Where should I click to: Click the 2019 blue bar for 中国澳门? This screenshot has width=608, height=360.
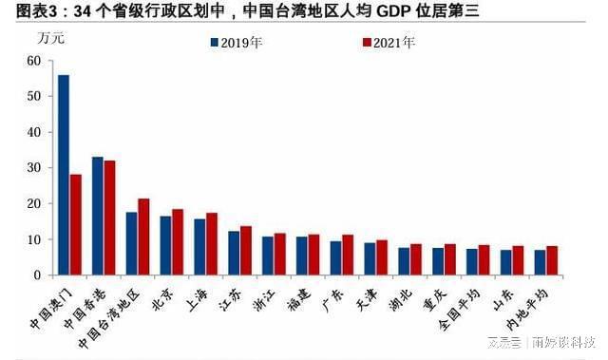[63, 175]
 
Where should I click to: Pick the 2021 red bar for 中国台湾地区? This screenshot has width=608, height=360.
[143, 237]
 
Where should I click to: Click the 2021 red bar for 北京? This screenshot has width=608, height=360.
[177, 242]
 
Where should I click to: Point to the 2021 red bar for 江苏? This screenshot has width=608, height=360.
[245, 251]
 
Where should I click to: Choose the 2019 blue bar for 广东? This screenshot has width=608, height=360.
[335, 257]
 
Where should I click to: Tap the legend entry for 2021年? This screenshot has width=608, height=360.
[389, 43]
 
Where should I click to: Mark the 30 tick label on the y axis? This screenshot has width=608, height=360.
[34, 168]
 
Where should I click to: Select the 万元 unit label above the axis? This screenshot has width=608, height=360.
[51, 39]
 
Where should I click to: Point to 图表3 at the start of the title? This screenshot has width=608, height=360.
[24, 12]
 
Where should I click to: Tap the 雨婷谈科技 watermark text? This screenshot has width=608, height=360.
[564, 343]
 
